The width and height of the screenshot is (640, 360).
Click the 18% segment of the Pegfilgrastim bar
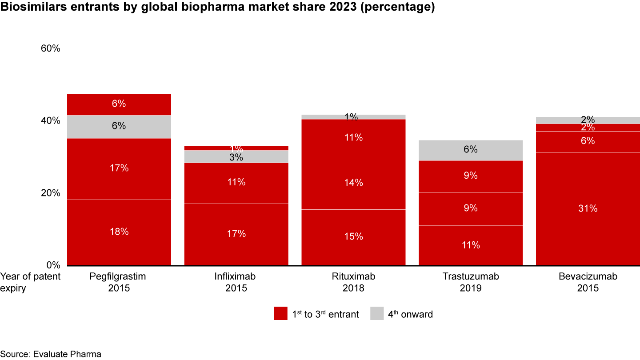[119, 232]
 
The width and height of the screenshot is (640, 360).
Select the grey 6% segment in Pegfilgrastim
[119, 126]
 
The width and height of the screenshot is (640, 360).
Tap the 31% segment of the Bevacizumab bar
[588, 208]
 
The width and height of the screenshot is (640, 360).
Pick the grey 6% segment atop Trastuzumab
[471, 150]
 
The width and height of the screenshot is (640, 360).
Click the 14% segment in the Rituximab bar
[353, 183]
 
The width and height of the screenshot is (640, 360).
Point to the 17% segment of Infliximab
[236, 234]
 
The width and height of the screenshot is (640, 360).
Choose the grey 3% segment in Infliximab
[236, 157]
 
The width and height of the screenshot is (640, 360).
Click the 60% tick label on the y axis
[50, 48]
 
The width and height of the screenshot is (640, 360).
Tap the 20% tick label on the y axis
[50, 193]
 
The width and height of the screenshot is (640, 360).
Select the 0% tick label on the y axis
[53, 265]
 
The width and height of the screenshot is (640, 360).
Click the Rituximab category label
[353, 276]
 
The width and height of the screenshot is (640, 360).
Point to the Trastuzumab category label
[471, 276]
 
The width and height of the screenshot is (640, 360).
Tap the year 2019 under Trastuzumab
[471, 288]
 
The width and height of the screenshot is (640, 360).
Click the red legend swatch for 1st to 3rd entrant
[280, 314]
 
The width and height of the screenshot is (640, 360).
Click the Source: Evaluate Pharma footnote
[51, 354]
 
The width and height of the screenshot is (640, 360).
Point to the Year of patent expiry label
[30, 282]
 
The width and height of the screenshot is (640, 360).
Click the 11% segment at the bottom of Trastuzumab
[471, 245]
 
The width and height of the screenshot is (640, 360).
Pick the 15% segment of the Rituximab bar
[353, 237]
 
